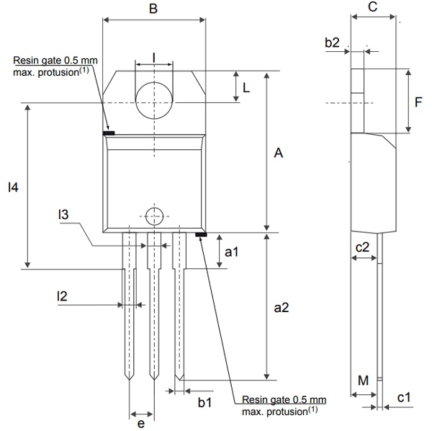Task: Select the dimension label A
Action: [279, 153]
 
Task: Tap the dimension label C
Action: [372, 7]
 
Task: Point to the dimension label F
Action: [418, 102]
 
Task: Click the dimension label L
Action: [246, 88]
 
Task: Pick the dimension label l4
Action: [12, 187]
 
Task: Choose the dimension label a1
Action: [231, 252]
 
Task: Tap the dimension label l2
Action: [63, 296]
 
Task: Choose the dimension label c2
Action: [363, 246]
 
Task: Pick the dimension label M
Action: [363, 380]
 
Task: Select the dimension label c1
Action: [403, 397]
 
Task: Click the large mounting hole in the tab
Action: [154, 99]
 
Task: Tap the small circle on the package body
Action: [153, 215]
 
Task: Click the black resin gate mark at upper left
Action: [109, 133]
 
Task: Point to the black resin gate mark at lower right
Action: [201, 234]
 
